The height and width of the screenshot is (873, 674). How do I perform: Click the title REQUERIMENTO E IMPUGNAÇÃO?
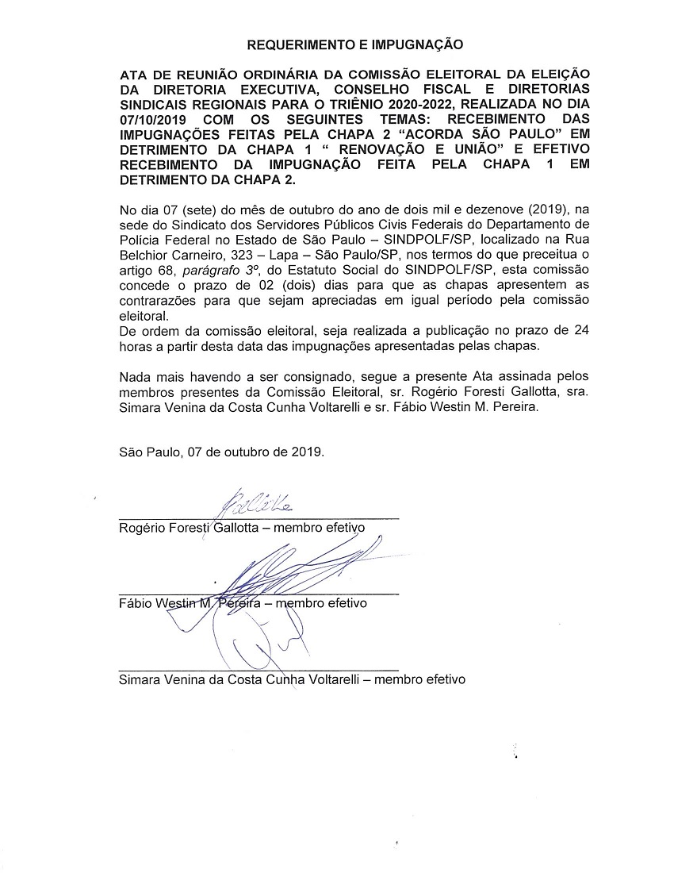tap(354, 45)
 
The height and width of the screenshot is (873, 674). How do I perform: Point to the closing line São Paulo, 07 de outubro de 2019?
tap(221, 452)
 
